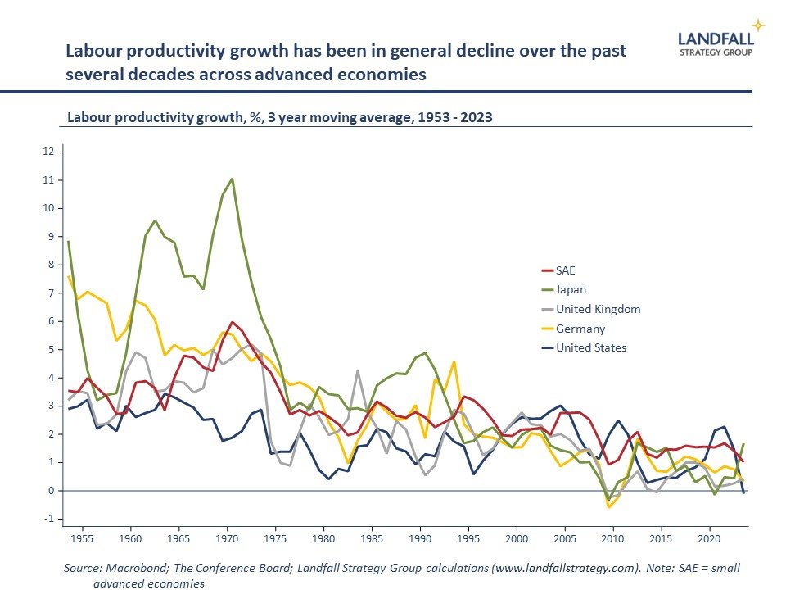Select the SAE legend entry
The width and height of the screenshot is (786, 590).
[x=567, y=270]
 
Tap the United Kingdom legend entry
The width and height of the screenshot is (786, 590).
[x=598, y=309]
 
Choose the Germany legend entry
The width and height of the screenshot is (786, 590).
[x=580, y=329]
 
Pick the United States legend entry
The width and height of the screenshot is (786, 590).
[x=591, y=347]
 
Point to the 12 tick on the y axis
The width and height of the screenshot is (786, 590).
[x=48, y=152]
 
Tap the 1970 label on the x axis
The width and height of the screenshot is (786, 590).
[x=227, y=538]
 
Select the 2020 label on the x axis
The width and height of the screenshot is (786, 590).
[x=708, y=538]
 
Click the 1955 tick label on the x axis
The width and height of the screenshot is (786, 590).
[x=82, y=538]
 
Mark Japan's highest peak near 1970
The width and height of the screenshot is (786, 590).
[x=232, y=179]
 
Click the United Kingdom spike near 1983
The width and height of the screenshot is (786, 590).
[x=358, y=372]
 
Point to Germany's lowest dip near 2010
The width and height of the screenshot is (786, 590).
[x=608, y=507]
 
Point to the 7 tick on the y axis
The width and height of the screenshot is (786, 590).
[x=51, y=293]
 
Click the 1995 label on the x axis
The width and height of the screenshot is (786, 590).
[x=468, y=538]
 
